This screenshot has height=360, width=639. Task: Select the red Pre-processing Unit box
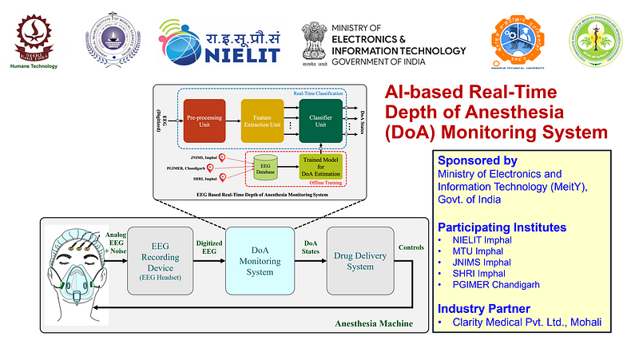205,124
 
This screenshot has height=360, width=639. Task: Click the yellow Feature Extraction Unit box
263,124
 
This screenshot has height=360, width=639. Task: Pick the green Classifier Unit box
320,124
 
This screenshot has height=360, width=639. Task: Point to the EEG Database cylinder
264,169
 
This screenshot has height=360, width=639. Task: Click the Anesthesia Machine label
375,323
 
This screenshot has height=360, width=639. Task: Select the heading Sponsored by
477,160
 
